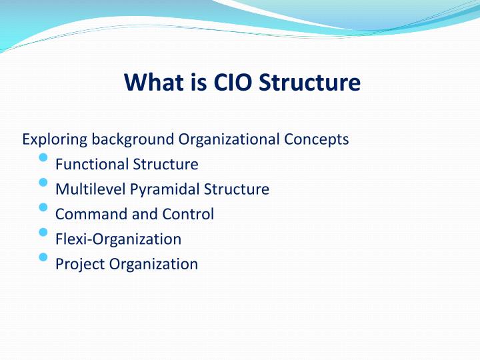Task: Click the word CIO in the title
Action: [230, 83]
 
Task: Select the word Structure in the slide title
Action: [309, 83]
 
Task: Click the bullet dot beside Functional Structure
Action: [44, 157]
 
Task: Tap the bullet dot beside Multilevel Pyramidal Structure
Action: [44, 182]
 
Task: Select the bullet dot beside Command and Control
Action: [44, 207]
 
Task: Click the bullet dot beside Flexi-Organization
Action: [44, 232]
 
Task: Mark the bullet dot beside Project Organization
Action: [44, 257]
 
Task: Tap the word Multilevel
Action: [91, 189]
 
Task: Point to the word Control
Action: [189, 214]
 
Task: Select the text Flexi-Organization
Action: [118, 239]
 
